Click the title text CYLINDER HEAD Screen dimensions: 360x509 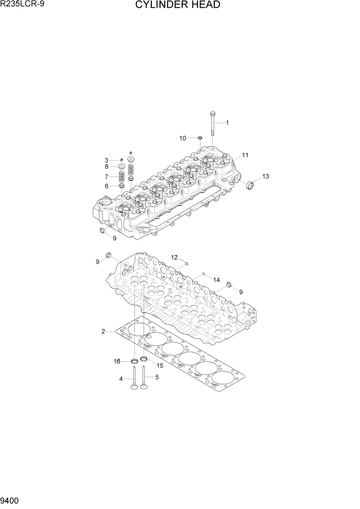click(x=177, y=6)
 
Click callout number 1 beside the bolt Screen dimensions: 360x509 click(x=227, y=123)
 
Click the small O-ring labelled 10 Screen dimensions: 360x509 click(x=199, y=138)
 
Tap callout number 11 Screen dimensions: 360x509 click(x=245, y=155)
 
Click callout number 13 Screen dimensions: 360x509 click(x=265, y=177)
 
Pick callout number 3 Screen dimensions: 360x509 click(x=107, y=160)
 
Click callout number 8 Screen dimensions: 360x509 click(x=107, y=167)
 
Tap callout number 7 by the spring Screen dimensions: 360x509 click(x=107, y=177)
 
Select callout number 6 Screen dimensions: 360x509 click(x=107, y=186)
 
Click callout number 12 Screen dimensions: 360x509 click(x=174, y=257)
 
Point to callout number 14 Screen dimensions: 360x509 click(x=216, y=280)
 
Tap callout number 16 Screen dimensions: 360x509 click(x=117, y=362)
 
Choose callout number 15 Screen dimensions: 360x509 click(x=159, y=365)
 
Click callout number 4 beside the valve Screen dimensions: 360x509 click(x=121, y=379)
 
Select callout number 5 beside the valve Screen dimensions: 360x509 click(x=157, y=378)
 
